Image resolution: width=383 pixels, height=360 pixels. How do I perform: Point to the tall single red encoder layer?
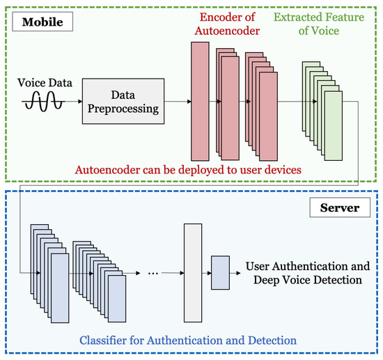[x=200, y=101]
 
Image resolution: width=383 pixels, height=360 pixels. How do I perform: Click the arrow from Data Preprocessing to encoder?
[x=178, y=102]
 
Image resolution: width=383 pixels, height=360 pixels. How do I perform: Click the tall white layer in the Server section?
[x=191, y=272]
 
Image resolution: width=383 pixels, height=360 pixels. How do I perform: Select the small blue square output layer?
[x=220, y=272]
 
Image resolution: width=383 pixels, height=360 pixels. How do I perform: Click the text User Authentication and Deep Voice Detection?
[x=304, y=273]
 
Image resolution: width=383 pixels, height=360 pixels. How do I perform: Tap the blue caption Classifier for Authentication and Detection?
[x=188, y=340]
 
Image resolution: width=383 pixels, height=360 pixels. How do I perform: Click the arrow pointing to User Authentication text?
[x=236, y=272]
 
